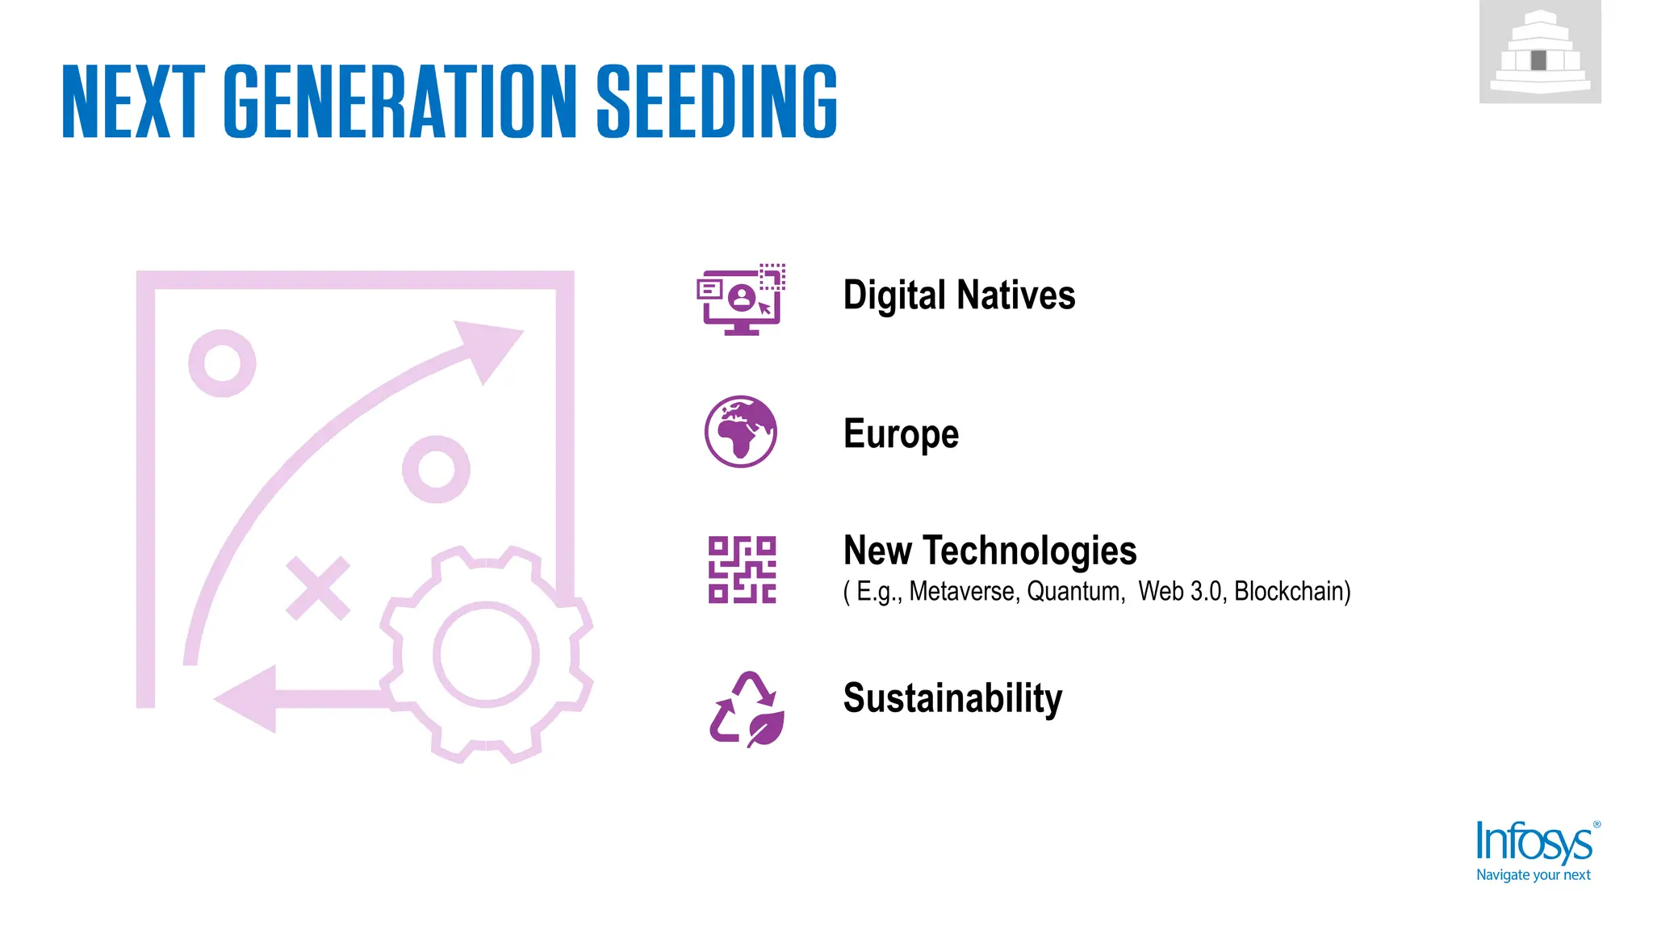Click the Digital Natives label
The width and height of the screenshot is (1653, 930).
pos(959,295)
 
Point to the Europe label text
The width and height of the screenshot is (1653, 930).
pos(901,434)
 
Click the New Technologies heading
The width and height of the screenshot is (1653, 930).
pos(990,551)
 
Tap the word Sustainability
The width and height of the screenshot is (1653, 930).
pos(952,698)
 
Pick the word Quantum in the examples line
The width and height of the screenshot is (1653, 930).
pos(1074,592)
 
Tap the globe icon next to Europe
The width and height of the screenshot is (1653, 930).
pos(741,432)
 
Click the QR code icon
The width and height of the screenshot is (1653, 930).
pos(742,570)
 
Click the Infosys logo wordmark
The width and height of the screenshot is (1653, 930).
pos(1534,844)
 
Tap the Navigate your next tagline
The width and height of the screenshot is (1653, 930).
pos(1533,875)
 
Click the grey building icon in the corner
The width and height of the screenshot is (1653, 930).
pos(1540,52)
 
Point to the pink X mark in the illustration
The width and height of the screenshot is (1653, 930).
pos(318,588)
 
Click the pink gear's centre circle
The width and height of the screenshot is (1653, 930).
pos(486,654)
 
